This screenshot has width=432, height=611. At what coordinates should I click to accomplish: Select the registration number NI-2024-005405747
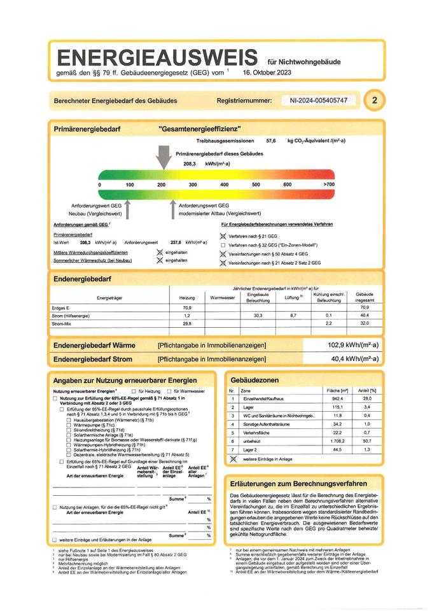click(x=318, y=101)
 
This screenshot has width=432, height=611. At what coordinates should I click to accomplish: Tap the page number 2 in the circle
click(x=375, y=101)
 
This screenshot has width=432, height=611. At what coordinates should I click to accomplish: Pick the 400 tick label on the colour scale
click(x=224, y=185)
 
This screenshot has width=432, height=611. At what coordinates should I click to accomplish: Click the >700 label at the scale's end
click(x=328, y=185)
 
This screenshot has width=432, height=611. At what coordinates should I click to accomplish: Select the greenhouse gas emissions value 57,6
click(x=271, y=140)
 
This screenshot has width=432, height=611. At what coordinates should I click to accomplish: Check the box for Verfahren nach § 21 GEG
click(x=223, y=235)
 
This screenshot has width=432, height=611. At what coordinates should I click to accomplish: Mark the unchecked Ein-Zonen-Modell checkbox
click(x=223, y=244)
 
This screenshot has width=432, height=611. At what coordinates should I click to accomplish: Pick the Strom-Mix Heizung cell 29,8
click(x=187, y=324)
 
